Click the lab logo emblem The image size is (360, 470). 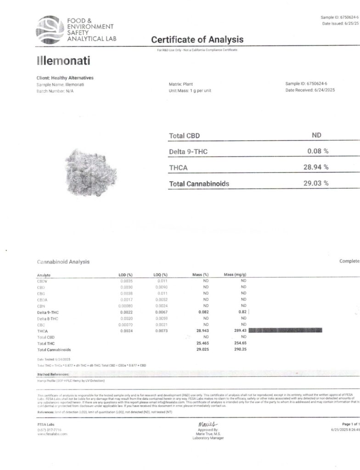point(50,29)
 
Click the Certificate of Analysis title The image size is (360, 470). point(197,39)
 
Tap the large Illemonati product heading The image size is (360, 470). point(63,61)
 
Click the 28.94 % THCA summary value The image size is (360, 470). point(316,167)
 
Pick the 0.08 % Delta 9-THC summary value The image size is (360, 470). point(318,151)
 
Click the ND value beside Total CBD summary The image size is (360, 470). point(316,135)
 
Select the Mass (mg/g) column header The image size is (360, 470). point(235,274)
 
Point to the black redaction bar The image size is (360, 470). point(285,330)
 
